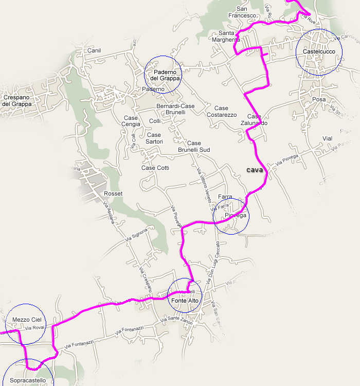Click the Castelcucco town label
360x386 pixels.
319,52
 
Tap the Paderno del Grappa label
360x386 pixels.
163,75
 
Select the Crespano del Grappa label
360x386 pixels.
17,100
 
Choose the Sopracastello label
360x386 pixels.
28,381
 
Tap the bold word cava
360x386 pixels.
255,170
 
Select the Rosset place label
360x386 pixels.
113,194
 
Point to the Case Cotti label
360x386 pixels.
155,168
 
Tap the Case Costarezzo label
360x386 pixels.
221,111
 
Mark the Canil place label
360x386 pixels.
95,50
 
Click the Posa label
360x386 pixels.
318,99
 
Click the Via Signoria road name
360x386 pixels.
136,234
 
